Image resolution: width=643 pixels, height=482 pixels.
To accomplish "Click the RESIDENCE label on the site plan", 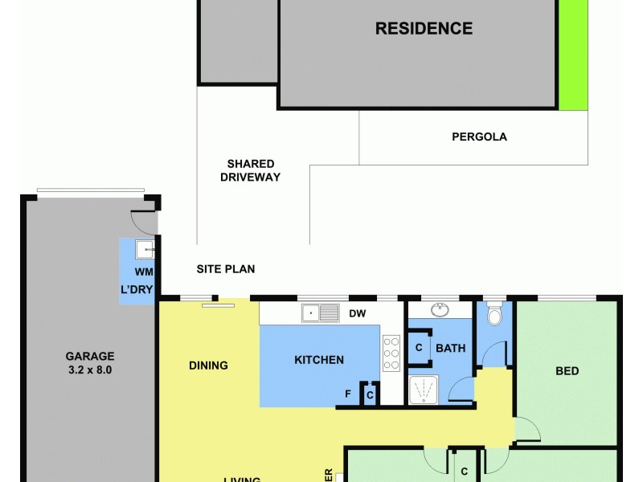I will (x=424, y=29).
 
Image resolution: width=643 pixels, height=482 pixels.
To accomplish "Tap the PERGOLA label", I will (x=479, y=137).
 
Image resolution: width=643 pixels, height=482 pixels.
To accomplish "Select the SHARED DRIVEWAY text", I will (x=250, y=170).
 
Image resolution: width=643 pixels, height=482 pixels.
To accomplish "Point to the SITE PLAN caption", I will (x=225, y=269).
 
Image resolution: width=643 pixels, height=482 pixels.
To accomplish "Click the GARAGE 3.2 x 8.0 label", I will (x=89, y=363).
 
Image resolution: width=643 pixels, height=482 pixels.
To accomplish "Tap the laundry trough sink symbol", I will (x=145, y=249).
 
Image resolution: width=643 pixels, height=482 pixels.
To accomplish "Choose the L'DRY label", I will (x=137, y=289).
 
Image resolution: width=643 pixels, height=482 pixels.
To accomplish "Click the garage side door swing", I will (x=143, y=221).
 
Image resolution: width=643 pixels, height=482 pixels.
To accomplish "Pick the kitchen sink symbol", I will (x=321, y=312).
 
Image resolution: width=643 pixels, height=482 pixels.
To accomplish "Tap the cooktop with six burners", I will (x=391, y=352).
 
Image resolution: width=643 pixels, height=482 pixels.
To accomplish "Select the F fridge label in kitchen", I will (x=348, y=394).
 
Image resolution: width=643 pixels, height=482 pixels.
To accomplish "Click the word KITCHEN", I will (x=319, y=360).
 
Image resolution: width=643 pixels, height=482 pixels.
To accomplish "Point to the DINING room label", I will (x=208, y=366).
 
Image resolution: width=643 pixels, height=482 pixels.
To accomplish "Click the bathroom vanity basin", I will (x=440, y=310).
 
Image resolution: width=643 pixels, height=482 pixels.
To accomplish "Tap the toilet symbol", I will (x=494, y=314).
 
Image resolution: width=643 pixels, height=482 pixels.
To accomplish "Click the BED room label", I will (x=567, y=371).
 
